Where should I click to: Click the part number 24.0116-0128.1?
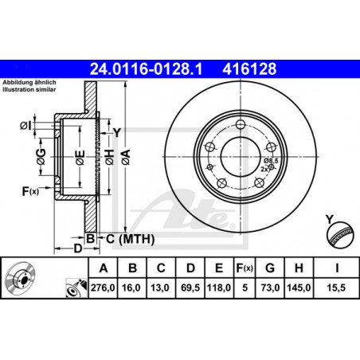tap(146, 68)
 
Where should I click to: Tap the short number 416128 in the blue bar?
tap(249, 68)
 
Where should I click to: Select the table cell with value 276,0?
tap(103, 288)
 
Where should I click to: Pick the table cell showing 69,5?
tap(190, 288)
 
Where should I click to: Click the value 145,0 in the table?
tap(299, 288)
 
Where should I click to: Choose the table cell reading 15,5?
tap(336, 288)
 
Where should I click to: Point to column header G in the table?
tap(270, 268)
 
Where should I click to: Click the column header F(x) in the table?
tap(245, 268)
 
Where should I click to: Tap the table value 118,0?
tap(219, 288)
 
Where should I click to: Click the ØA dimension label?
tap(126, 157)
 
